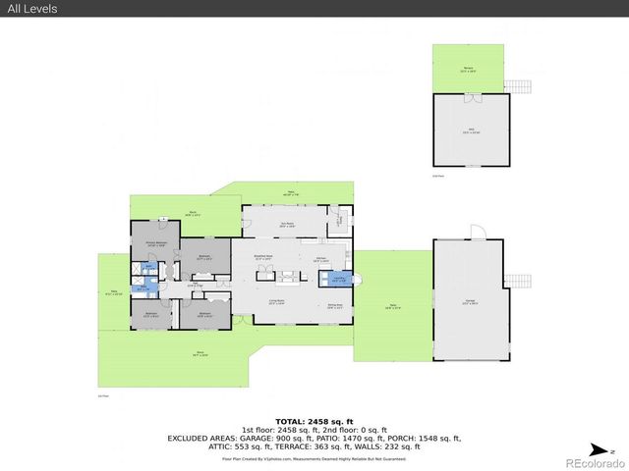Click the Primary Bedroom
[x=155, y=245]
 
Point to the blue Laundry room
[x=338, y=279]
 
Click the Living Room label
[x=276, y=303]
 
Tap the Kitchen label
[x=321, y=261]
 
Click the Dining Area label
[x=335, y=305]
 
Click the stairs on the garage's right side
[x=518, y=280]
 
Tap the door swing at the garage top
[x=477, y=232]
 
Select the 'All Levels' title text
[x=33, y=9]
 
